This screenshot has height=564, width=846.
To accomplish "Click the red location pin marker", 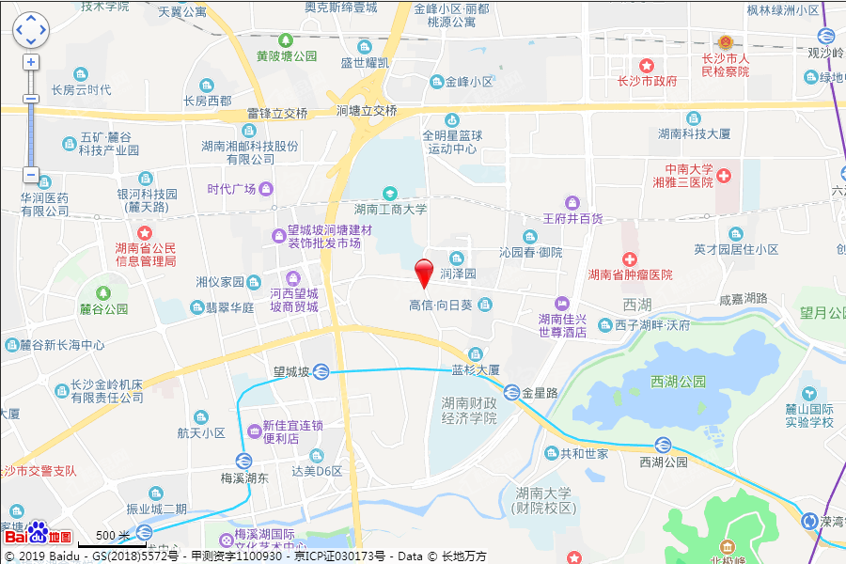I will coord(425,272).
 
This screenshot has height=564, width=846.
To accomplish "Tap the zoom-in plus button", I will coord(31,63).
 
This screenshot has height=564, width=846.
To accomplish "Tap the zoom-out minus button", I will coord(31,175).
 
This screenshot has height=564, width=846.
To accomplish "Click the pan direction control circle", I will coord(30,30).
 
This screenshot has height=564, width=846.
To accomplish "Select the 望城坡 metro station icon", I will coord(321,371).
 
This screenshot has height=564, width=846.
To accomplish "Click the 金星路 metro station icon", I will coord(512,392).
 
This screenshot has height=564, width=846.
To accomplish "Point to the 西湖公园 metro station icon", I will coord(663,446).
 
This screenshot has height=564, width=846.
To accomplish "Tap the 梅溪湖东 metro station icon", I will coord(243,461).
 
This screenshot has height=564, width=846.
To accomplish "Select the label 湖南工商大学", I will coord(391,210).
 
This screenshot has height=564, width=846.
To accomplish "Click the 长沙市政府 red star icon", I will coord(647,65).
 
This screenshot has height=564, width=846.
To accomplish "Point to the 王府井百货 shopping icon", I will coord(572,202).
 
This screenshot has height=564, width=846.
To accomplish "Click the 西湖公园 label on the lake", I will coord(678,382).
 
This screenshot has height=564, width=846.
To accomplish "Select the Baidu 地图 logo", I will coord(38,535).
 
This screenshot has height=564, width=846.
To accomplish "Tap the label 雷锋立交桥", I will coord(277,113).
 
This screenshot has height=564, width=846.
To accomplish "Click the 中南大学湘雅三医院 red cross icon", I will coord(724,176).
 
